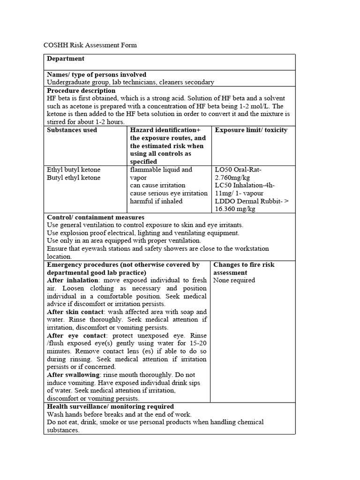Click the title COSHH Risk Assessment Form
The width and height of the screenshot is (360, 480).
[x=90, y=45]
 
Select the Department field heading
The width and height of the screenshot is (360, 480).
[x=66, y=59]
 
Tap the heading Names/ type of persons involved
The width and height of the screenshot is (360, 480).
[x=97, y=75]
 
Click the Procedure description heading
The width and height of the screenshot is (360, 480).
[x=81, y=90]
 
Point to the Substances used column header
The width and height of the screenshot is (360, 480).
[x=72, y=130]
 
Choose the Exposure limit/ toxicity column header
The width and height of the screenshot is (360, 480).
[x=251, y=130]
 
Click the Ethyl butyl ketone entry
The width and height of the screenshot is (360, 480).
[x=74, y=170]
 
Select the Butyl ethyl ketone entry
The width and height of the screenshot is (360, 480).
[x=74, y=178]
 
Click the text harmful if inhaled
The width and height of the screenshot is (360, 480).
[x=156, y=201]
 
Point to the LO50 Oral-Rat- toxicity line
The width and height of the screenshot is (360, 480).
[x=238, y=170]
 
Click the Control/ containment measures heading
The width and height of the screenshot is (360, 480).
[x=96, y=217]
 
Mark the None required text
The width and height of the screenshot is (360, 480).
[x=234, y=280]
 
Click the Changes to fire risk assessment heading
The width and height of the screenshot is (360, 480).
[x=244, y=269]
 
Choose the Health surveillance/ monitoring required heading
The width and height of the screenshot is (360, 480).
[x=110, y=406]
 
